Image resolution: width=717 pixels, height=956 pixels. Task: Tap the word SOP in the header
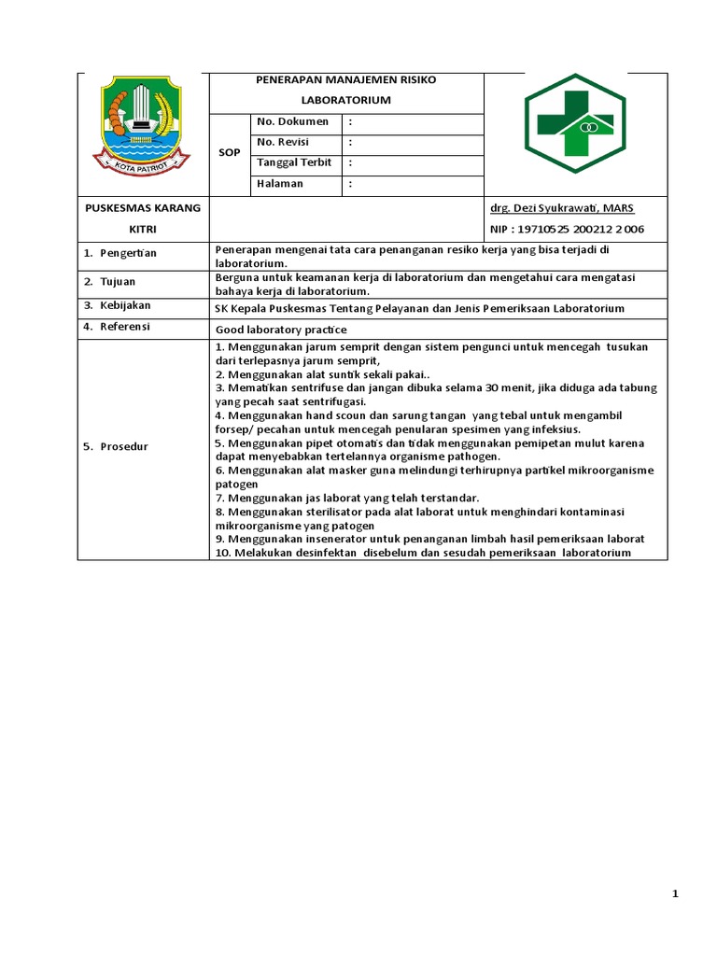(x=230, y=152)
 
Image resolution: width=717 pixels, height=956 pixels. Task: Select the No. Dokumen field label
(x=292, y=121)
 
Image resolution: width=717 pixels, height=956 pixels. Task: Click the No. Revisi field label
(x=284, y=142)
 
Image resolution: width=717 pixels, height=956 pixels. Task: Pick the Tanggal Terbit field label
(x=295, y=162)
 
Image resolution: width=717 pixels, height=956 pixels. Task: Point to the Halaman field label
(x=280, y=184)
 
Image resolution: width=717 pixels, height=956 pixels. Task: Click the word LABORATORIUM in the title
(x=346, y=100)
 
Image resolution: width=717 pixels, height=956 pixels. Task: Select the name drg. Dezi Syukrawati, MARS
(x=561, y=208)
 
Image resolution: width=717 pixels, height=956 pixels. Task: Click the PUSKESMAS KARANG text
(x=143, y=207)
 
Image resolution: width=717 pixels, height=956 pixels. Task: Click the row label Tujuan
(x=118, y=281)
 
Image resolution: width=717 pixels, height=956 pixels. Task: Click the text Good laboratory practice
(x=280, y=330)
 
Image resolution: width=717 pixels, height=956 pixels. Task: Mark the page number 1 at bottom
(x=675, y=894)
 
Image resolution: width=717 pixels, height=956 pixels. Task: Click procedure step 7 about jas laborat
(x=346, y=498)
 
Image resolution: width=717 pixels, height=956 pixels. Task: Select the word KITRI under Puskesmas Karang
(x=143, y=230)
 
